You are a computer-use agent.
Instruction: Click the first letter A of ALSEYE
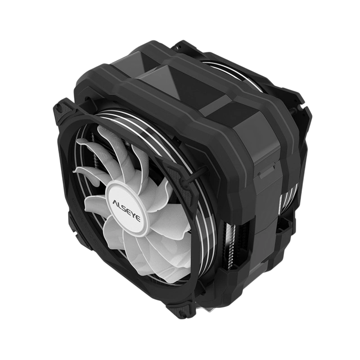tap(115, 202)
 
